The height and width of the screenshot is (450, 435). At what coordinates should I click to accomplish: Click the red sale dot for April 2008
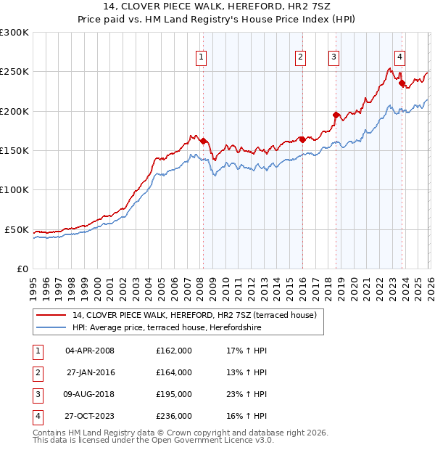[x=203, y=142]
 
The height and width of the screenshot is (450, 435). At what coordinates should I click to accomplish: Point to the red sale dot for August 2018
[x=336, y=115]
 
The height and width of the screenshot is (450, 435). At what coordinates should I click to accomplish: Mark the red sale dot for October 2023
[x=402, y=83]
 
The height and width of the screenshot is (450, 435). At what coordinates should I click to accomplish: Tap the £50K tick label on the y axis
[x=17, y=229]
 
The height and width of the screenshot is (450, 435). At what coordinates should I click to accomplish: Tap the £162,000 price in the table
[x=173, y=351]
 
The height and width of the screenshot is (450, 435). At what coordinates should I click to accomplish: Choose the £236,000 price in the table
[x=173, y=416]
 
